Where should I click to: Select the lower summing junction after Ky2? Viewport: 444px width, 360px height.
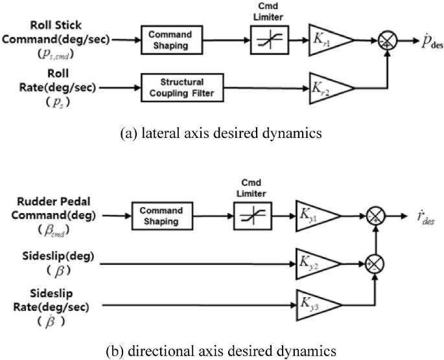[x=374, y=263]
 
